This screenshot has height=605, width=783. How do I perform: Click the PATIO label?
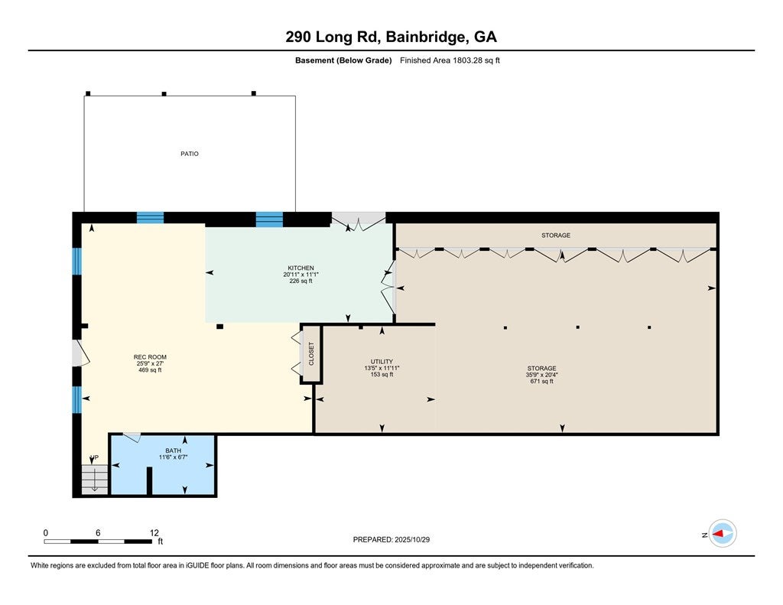[190, 154]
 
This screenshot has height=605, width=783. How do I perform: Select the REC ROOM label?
[150, 357]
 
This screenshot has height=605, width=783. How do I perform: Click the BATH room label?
[174, 450]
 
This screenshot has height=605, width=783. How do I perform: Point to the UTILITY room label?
[382, 361]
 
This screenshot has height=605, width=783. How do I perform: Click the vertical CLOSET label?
[311, 353]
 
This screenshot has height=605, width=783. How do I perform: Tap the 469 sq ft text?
[150, 370]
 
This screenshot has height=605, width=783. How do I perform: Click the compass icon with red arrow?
[723, 533]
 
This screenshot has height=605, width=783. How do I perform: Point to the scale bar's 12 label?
[154, 533]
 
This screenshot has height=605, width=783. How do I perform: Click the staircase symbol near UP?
[95, 480]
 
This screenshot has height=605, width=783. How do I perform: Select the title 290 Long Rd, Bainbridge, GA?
[391, 37]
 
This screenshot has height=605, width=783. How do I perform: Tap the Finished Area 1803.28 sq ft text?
[450, 60]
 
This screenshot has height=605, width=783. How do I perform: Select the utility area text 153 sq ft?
[382, 374]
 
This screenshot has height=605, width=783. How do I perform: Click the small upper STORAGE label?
[556, 236]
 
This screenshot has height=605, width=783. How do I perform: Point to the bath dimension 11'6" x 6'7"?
[174, 457]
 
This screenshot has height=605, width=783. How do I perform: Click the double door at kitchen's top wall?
[358, 222]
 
